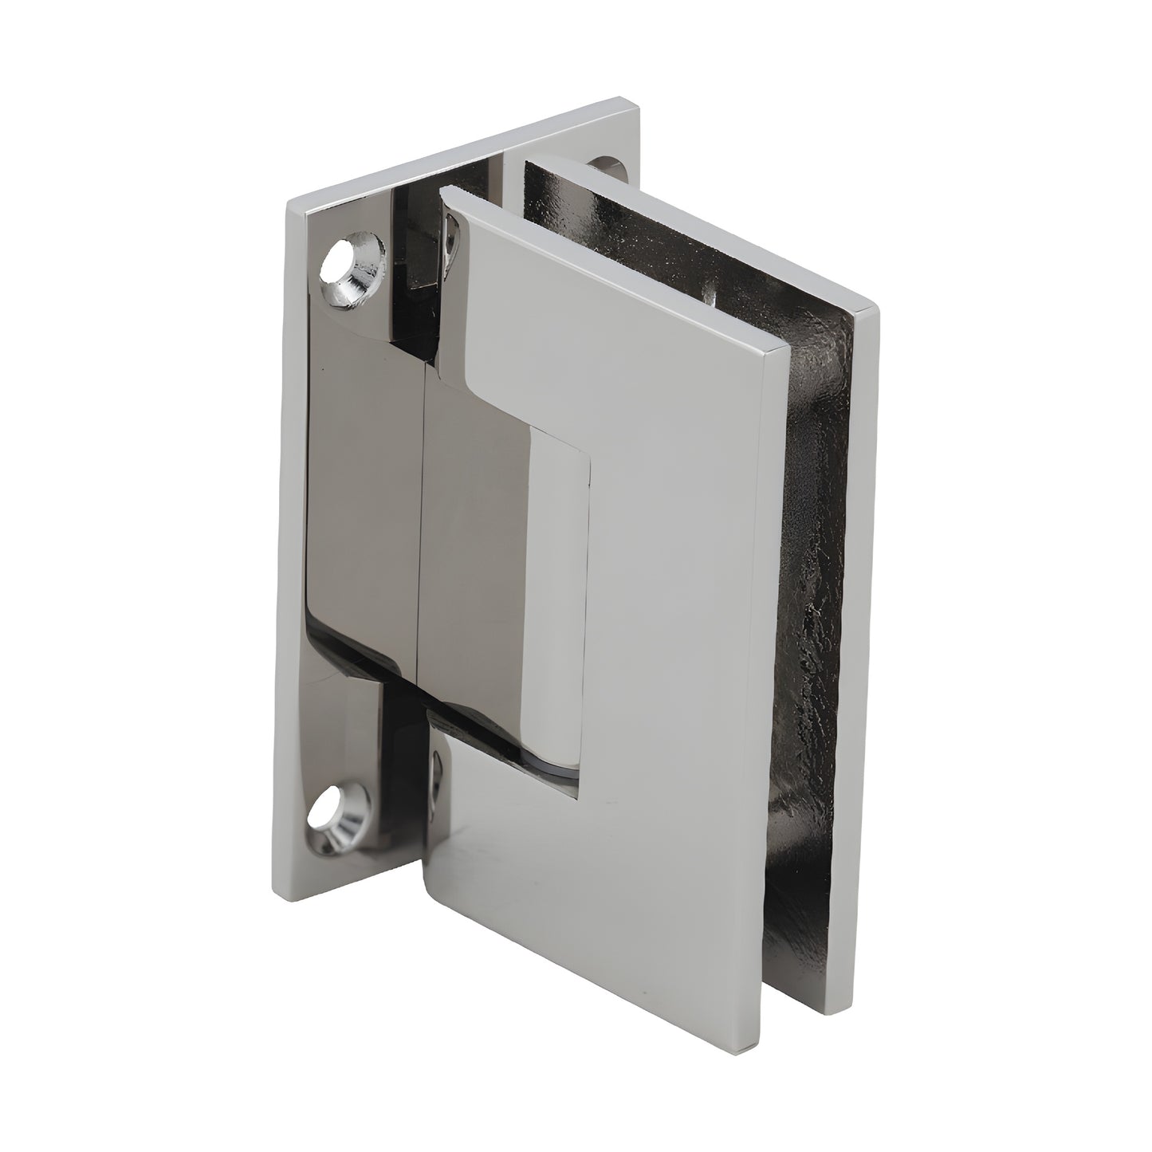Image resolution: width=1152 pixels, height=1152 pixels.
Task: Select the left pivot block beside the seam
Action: [363, 510]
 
